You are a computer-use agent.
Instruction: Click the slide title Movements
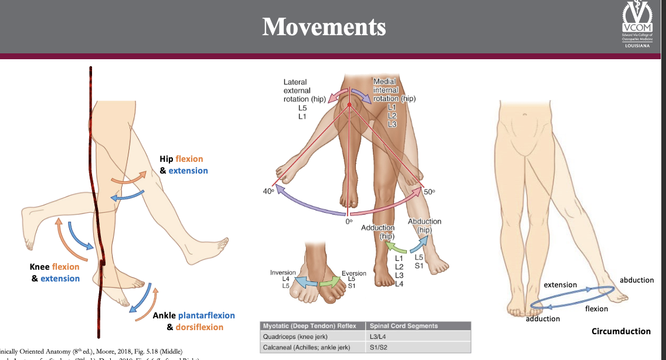click(x=324, y=27)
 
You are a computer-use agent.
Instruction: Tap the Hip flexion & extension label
click(x=183, y=165)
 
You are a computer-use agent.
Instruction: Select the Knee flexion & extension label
click(x=55, y=273)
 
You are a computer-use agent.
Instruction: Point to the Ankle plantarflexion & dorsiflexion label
click(x=193, y=321)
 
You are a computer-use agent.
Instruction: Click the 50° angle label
click(x=429, y=191)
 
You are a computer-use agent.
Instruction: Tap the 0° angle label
click(x=349, y=222)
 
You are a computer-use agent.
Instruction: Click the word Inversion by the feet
click(x=283, y=273)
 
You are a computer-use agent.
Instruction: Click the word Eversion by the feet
click(x=354, y=273)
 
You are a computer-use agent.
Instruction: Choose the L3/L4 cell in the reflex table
click(x=380, y=337)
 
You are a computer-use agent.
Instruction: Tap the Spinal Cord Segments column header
click(x=403, y=326)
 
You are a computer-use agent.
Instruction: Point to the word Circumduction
click(x=621, y=331)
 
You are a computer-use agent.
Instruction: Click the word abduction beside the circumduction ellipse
click(x=636, y=280)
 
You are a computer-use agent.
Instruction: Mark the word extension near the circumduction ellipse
click(x=560, y=285)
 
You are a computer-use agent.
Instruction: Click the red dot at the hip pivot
click(x=349, y=104)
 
